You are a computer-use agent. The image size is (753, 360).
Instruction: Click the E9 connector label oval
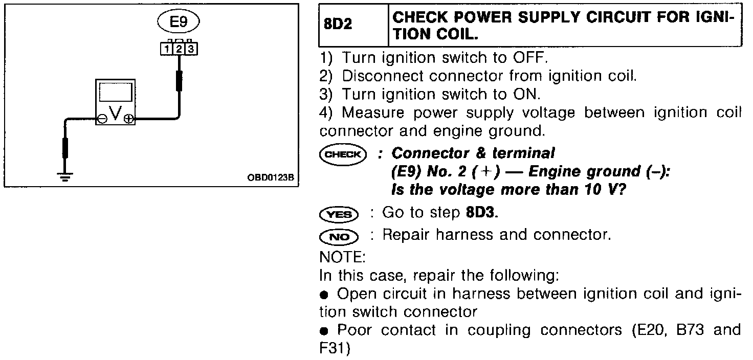tap(178, 22)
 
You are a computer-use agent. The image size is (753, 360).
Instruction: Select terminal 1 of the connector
tap(166, 49)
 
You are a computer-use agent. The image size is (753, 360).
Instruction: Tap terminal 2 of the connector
tap(179, 49)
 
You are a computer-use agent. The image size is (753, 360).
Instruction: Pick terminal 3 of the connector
tap(190, 49)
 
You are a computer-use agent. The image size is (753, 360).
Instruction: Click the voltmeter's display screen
tap(116, 92)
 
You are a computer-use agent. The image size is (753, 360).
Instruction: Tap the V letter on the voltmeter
tap(115, 114)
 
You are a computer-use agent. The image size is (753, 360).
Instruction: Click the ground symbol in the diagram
tap(65, 176)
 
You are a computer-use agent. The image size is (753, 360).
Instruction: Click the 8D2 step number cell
tap(339, 25)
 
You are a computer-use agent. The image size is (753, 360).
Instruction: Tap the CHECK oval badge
tap(343, 154)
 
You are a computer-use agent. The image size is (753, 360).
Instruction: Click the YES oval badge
tap(338, 214)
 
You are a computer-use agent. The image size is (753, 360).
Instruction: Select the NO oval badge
tap(338, 236)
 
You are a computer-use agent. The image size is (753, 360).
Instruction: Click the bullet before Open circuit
tap(324, 295)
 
